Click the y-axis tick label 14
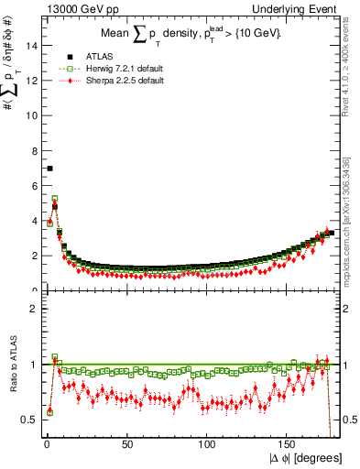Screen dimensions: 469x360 point(31,46)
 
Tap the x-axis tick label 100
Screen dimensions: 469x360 point(207,444)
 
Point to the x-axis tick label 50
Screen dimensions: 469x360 point(126,444)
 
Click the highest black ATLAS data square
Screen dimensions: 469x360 point(49,169)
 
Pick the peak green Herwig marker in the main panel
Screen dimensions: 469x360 point(55,198)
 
